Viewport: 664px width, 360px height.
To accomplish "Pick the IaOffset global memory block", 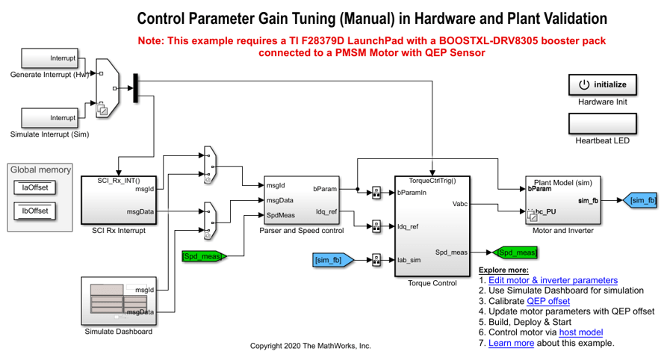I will [35, 188].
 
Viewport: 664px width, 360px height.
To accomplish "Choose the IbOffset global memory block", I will [35, 211].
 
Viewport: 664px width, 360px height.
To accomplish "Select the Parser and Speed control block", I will [300, 199].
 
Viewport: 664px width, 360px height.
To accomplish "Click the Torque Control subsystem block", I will [432, 226].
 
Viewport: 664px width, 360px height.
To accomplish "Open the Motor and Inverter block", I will [562, 200].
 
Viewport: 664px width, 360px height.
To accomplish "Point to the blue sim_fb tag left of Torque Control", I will [335, 260].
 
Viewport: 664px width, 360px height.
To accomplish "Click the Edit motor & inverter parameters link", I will [553, 280].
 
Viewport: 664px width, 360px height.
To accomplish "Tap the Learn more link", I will [511, 343].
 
